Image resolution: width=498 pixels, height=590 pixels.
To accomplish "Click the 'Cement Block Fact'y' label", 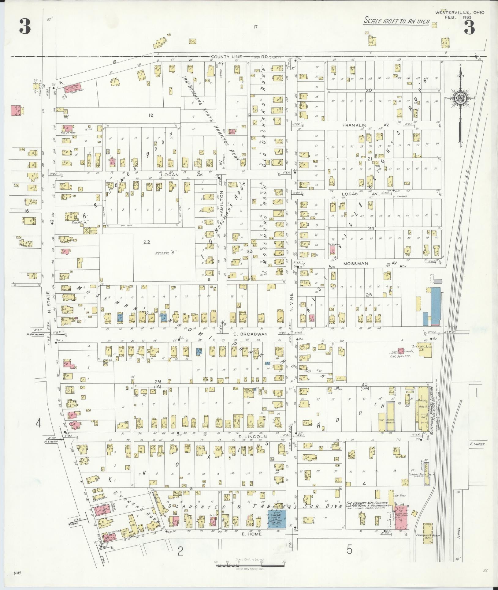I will (x=421, y=474).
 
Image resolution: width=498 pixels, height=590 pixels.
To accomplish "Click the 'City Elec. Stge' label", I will (x=422, y=346).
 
